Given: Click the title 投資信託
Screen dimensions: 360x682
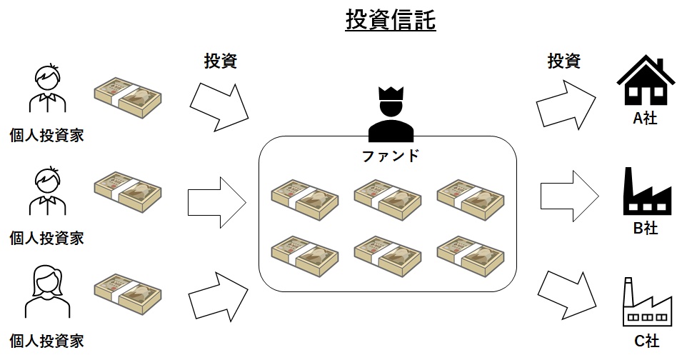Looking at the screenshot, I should click(x=390, y=20).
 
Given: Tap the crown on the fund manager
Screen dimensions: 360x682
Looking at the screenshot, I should click(x=391, y=95).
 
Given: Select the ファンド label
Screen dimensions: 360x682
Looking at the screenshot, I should click(x=391, y=155).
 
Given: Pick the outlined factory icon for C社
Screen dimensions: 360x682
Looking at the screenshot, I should click(x=646, y=305).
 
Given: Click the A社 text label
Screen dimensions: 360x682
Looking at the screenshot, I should click(x=645, y=119).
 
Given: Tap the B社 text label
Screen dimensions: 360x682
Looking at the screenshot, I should click(x=645, y=229).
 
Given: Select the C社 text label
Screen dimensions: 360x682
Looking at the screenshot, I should click(x=645, y=341).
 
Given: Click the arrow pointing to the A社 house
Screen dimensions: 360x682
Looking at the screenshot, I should click(x=566, y=102).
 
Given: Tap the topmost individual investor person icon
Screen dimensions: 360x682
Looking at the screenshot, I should click(x=48, y=89).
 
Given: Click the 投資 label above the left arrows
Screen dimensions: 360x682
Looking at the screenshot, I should click(x=221, y=61).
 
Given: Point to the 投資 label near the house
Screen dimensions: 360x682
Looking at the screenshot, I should click(x=564, y=61).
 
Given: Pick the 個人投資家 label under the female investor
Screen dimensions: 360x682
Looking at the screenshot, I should click(x=46, y=340).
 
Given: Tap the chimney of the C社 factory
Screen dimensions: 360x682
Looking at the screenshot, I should click(x=628, y=291).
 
